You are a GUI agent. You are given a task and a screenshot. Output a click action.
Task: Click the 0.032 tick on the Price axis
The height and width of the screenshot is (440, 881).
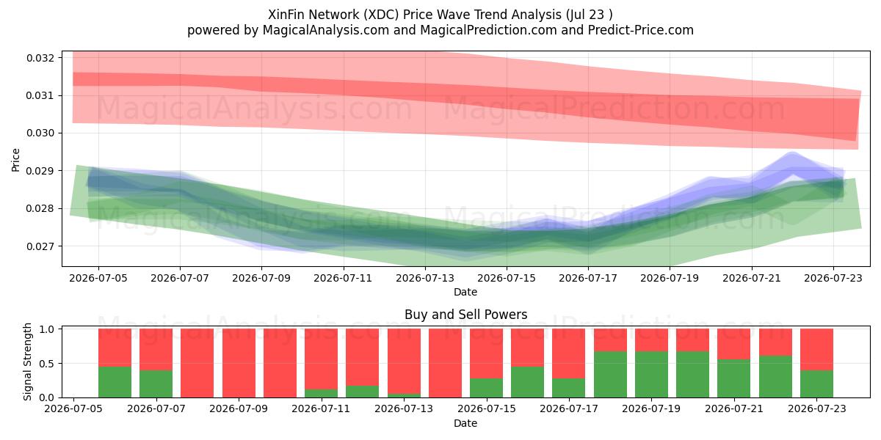coord(40,58)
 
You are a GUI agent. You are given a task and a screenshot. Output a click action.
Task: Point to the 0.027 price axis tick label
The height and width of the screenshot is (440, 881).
coord(40,246)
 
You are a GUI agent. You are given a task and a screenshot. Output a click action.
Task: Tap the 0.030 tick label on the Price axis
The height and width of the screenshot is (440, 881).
coord(40,133)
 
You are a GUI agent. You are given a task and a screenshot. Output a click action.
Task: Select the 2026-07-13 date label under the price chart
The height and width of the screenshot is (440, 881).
coord(425,278)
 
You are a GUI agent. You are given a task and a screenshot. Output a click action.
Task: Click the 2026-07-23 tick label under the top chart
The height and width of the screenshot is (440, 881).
coord(833,278)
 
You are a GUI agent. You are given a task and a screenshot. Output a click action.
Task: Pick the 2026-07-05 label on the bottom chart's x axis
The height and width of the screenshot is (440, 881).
coord(73,408)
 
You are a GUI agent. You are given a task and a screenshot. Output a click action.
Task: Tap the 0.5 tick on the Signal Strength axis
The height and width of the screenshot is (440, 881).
coord(47,364)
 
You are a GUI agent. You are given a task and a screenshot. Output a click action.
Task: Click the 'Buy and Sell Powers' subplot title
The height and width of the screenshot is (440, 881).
coord(465,315)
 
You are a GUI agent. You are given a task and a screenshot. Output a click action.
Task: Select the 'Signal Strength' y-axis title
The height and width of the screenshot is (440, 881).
coord(27,362)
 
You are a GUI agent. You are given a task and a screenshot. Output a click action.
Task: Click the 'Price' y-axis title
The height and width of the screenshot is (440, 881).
coord(15,160)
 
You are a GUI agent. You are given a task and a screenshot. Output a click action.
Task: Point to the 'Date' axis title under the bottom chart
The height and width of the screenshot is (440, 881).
coord(465,423)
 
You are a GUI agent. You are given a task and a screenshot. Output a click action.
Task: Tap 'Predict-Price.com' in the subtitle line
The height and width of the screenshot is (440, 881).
coord(641,30)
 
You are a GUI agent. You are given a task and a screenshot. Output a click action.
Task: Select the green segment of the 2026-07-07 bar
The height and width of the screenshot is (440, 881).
coord(156,384)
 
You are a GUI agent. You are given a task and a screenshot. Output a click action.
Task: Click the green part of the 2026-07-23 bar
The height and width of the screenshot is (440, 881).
coord(816,384)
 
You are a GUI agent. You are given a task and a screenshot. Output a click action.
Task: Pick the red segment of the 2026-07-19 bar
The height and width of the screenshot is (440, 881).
coord(651,340)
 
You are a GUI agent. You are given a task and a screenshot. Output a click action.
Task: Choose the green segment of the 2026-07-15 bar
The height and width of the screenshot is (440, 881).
coord(486,388)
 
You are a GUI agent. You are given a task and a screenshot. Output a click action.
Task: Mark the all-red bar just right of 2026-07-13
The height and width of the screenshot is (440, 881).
coord(445,363)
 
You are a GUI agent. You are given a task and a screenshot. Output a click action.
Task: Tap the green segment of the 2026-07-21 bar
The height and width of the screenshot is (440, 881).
coord(734,378)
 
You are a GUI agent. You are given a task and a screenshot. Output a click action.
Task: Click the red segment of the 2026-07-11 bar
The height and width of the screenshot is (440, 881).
coord(321,359)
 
